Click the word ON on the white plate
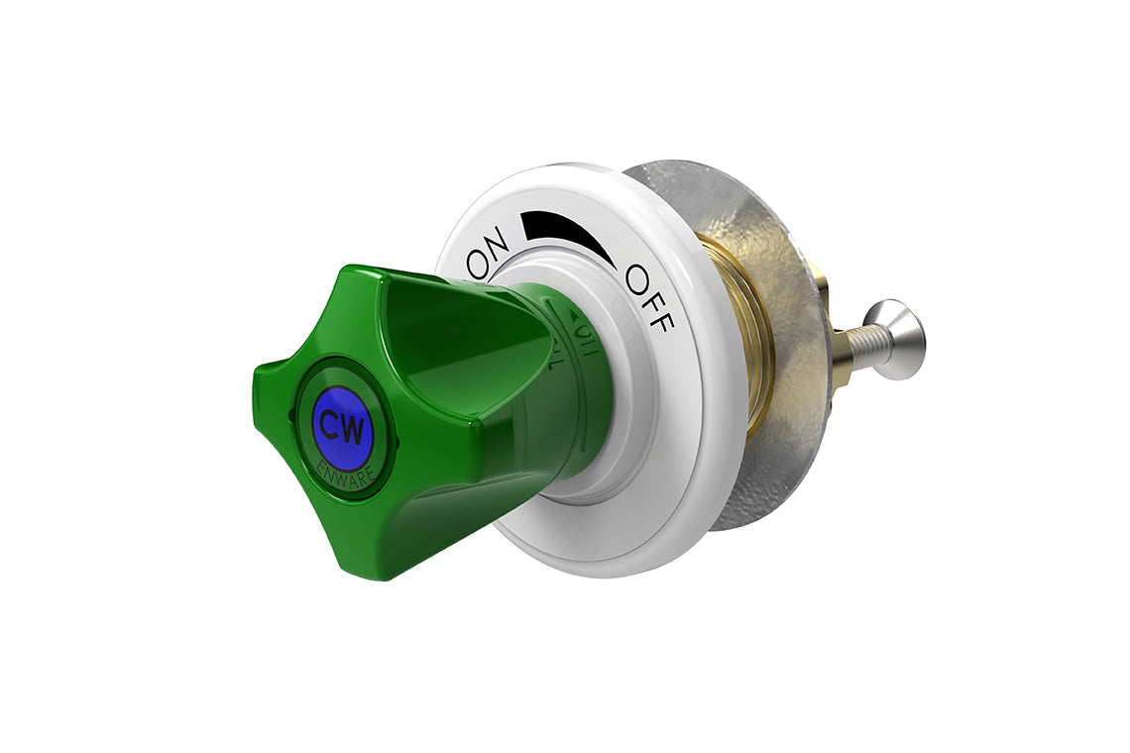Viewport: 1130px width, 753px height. (x=488, y=253)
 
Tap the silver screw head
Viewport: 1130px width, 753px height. (x=900, y=339)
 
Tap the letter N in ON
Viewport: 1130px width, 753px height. (x=497, y=241)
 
